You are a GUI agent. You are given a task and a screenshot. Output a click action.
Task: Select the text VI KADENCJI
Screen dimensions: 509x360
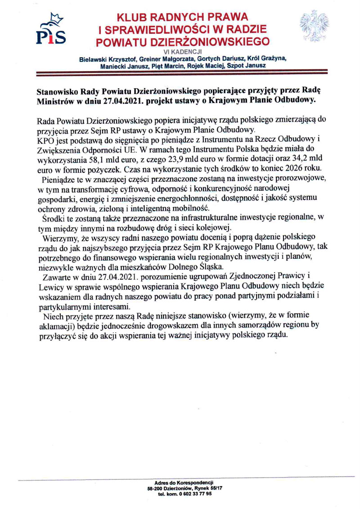click(x=182, y=52)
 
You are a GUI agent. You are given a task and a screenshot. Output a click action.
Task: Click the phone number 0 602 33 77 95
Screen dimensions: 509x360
click(x=192, y=493)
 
